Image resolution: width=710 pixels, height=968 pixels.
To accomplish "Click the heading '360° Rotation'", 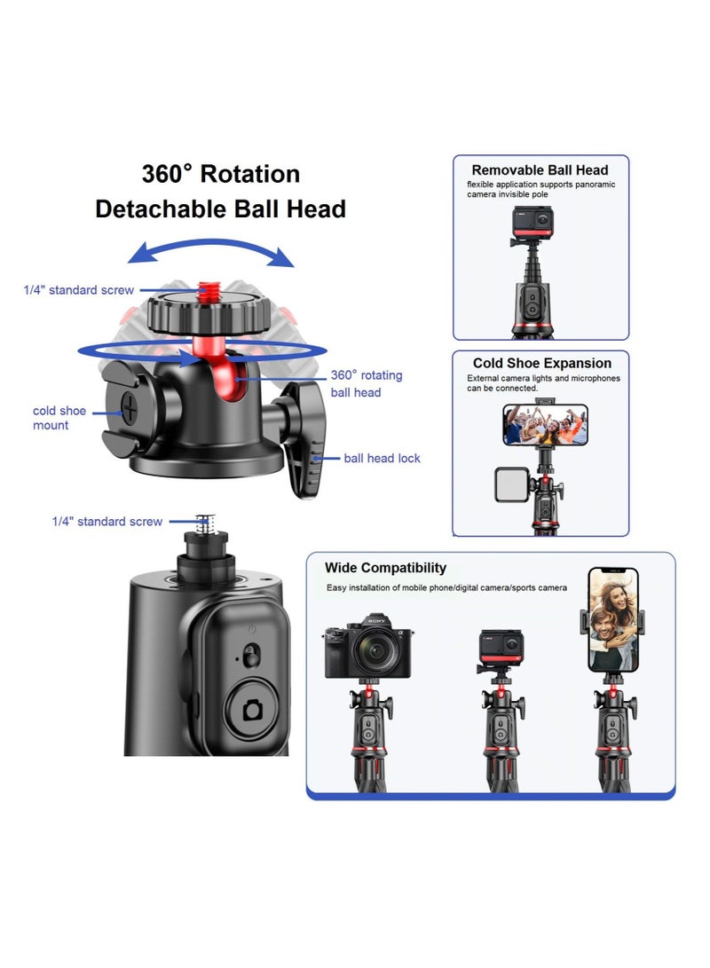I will coord(221,173).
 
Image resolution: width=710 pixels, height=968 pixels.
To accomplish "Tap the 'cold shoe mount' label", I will coord(59,418).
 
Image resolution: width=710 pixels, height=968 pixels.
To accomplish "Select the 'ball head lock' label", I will coord(382,458).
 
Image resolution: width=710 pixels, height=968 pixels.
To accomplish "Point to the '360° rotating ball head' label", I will coord(366,383).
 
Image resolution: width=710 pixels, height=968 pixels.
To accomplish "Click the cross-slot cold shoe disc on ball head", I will coord(130,409).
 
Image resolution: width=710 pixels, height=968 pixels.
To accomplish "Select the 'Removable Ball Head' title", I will coord(540,169).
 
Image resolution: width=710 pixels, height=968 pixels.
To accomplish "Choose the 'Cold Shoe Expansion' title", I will coord(541,363).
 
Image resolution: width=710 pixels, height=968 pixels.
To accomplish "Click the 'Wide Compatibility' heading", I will coord(385,568).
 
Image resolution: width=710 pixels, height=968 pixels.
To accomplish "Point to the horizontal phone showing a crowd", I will coord(544,424).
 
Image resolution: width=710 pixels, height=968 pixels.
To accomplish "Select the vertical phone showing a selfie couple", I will coord(613,621).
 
